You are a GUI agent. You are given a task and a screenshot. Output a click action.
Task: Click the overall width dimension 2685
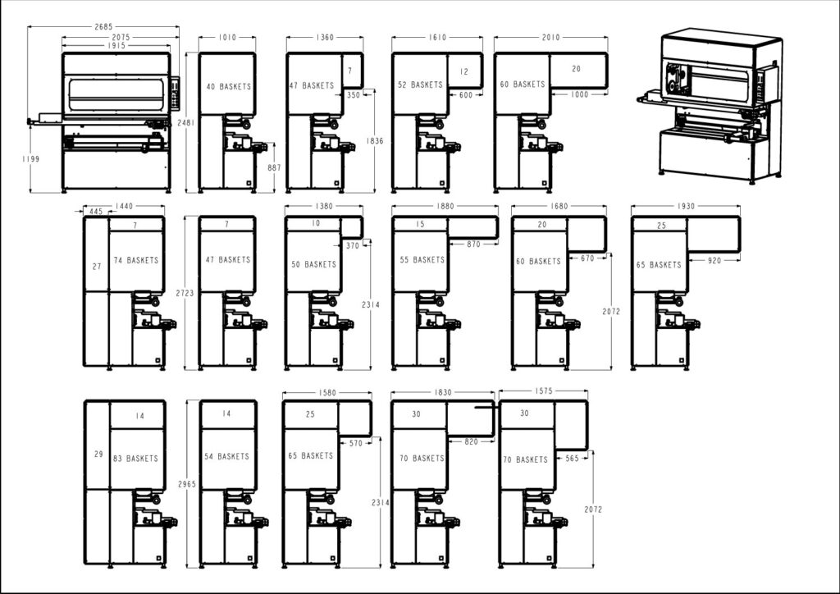pyautogui.click(x=103, y=26)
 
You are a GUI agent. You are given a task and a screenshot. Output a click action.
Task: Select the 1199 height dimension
pyautogui.click(x=31, y=158)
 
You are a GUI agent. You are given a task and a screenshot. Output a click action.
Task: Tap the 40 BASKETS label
pyautogui.click(x=228, y=86)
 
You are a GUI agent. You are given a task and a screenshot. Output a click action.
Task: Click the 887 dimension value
pyautogui.click(x=274, y=167)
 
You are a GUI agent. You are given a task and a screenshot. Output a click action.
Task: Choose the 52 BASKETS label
pyautogui.click(x=420, y=85)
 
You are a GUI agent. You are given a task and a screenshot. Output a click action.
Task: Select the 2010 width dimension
pyautogui.click(x=550, y=37)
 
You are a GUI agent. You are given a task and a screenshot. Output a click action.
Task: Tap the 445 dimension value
pyautogui.click(x=96, y=212)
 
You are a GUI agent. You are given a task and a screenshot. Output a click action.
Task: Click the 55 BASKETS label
pyautogui.click(x=422, y=260)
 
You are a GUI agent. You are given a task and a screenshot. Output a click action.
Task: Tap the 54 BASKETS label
pyautogui.click(x=226, y=457)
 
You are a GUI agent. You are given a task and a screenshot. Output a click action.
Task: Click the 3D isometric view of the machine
pyautogui.click(x=712, y=104)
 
